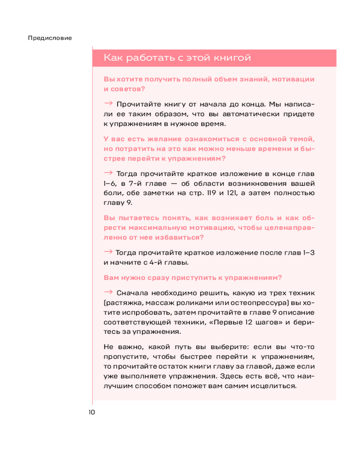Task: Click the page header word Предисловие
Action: tap(50, 38)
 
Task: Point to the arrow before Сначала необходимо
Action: tap(108, 292)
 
